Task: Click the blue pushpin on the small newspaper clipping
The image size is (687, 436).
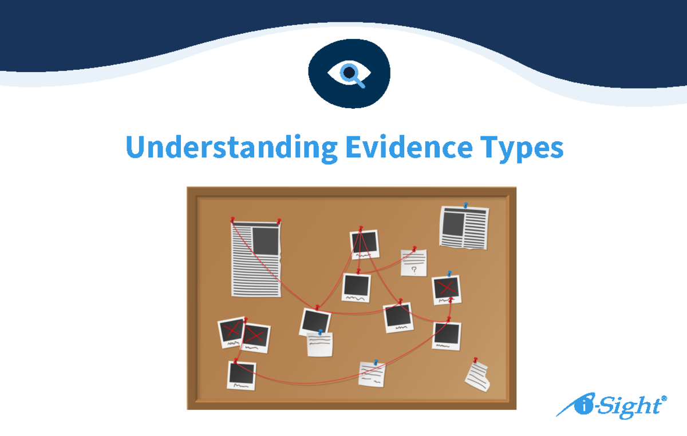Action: (x=466, y=205)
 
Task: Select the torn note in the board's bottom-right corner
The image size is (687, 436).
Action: (x=477, y=376)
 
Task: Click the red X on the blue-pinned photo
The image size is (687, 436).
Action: (x=447, y=287)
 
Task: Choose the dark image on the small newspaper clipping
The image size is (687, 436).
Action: (x=452, y=224)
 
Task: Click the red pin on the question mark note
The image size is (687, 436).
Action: (x=414, y=249)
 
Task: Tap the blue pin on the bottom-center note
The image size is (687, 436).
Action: (x=376, y=362)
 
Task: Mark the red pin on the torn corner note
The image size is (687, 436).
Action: (x=475, y=360)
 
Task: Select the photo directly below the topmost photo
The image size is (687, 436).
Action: (x=356, y=287)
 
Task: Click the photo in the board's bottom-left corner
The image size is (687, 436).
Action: (x=241, y=375)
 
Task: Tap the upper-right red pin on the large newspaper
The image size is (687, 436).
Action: (x=279, y=221)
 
